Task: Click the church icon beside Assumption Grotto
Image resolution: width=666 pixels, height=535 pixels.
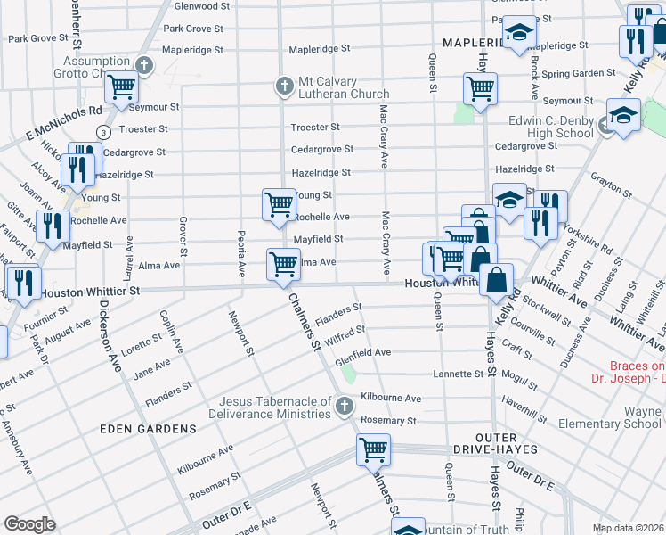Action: (145, 64)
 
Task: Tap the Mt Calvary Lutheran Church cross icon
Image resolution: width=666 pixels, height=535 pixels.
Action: (283, 86)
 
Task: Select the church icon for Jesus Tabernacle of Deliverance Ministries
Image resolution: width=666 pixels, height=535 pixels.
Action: (345, 407)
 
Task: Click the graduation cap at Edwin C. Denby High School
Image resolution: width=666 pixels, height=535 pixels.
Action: (623, 116)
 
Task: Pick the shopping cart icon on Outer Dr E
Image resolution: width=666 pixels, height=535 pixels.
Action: (373, 449)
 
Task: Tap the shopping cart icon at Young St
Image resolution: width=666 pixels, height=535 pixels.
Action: (279, 203)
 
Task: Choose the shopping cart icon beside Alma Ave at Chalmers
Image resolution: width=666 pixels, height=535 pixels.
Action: (283, 263)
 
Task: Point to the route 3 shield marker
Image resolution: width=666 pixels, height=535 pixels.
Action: (105, 131)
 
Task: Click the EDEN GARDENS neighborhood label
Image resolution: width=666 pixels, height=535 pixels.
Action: (147, 429)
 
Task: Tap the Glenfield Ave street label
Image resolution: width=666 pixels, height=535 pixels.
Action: (362, 352)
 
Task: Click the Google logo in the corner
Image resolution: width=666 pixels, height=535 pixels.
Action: (29, 524)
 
